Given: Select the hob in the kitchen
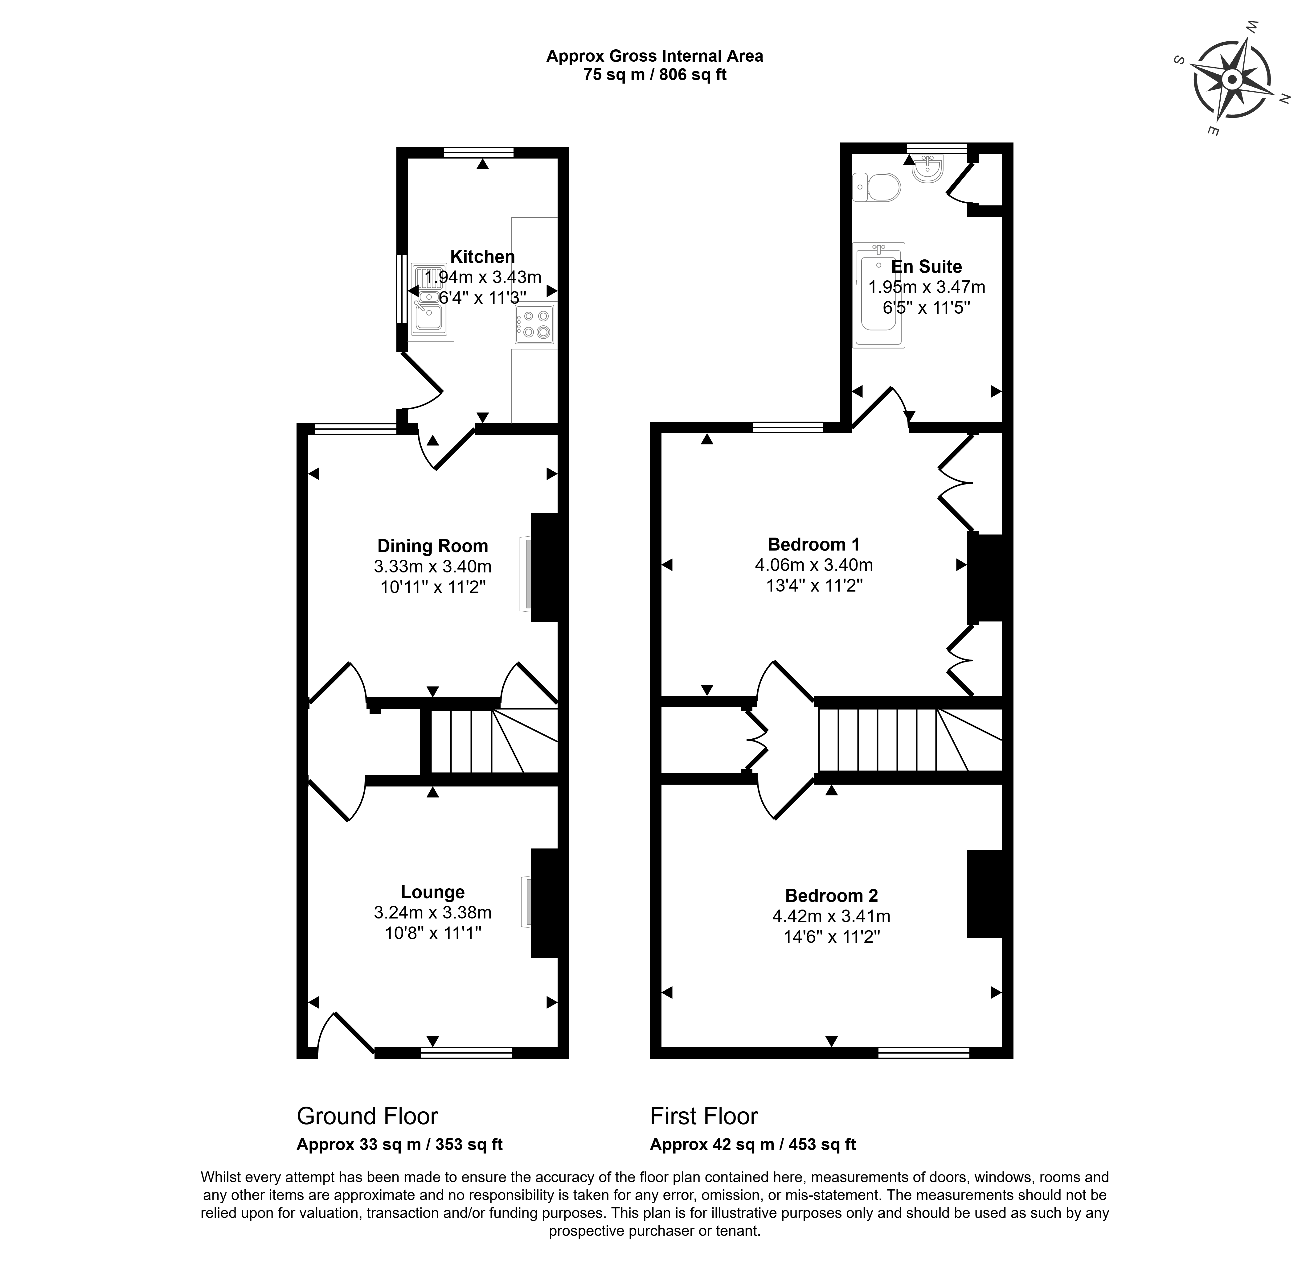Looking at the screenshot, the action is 534,324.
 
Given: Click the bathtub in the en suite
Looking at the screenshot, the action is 879,295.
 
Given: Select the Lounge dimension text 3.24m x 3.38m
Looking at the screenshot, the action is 432,912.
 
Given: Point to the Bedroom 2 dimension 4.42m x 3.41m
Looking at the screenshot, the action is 831,916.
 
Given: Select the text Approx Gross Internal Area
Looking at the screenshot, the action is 654,56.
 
